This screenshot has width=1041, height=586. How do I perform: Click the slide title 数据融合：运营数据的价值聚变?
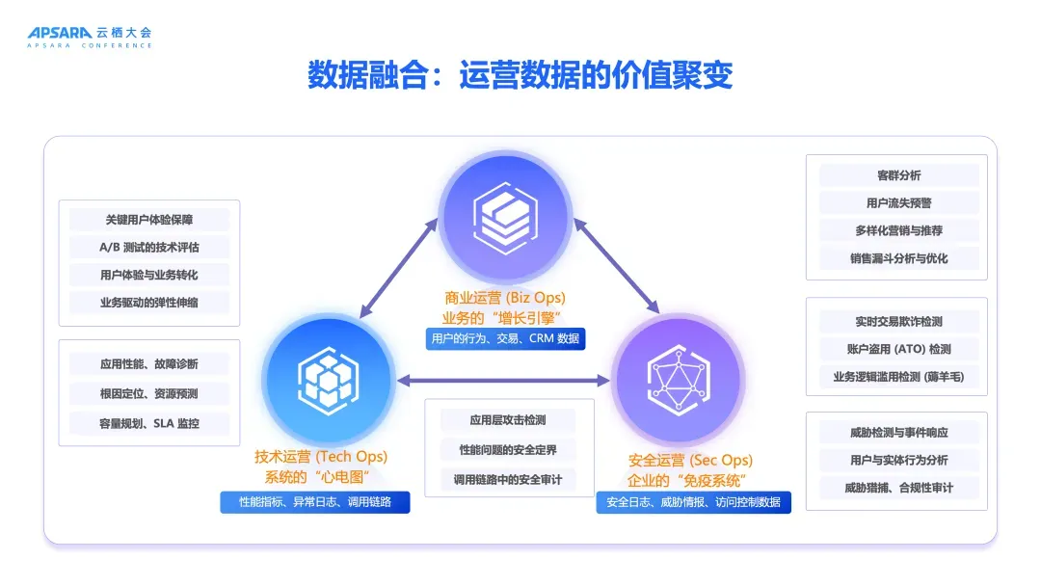pyautogui.click(x=520, y=75)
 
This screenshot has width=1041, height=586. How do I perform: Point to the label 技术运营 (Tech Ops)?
pyautogui.click(x=321, y=457)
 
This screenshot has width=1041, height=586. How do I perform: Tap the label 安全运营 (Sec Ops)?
pyautogui.click(x=690, y=460)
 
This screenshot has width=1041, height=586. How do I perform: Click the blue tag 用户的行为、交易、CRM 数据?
pyautogui.click(x=505, y=338)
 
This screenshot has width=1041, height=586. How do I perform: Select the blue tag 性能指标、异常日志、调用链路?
pyautogui.click(x=315, y=502)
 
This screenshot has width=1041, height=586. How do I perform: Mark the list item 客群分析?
pyautogui.click(x=899, y=175)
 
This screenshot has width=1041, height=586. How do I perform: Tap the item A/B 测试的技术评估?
pyautogui.click(x=149, y=247)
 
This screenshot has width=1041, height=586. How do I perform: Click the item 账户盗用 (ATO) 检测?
pyautogui.click(x=899, y=349)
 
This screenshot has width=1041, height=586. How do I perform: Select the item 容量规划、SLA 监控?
pyautogui.click(x=149, y=422)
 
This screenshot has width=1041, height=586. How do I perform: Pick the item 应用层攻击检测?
pyautogui.click(x=508, y=420)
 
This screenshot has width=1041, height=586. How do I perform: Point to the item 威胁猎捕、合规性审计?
pyautogui.click(x=899, y=488)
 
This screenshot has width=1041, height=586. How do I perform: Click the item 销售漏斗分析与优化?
pyautogui.click(x=899, y=258)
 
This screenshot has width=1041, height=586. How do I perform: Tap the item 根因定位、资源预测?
pyautogui.click(x=149, y=393)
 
